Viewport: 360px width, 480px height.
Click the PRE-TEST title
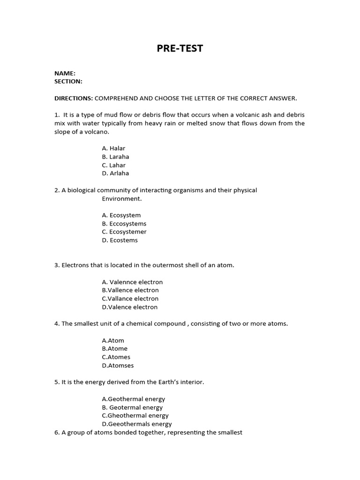[180, 48]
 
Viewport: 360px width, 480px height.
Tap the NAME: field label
[65, 73]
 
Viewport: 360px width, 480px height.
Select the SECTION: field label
[68, 81]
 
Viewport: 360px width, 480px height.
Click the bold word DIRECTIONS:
[74, 98]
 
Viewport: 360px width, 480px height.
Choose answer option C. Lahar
[113, 165]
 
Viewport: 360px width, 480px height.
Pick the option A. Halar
[113, 148]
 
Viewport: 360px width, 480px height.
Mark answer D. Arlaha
[115, 173]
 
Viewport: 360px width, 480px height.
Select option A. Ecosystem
[121, 215]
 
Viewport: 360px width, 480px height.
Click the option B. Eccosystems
[124, 224]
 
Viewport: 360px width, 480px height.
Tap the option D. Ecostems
[120, 240]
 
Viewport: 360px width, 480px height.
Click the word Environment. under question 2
[121, 199]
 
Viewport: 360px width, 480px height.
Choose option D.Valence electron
[129, 307]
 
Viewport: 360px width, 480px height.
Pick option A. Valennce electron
[132, 282]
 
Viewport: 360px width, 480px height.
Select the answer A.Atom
[113, 340]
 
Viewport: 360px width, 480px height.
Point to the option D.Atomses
[118, 366]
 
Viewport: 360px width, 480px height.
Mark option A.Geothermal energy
[133, 399]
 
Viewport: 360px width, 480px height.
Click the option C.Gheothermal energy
[135, 415]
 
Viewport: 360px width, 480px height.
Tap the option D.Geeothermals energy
[136, 424]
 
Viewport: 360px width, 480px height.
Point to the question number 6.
[57, 432]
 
